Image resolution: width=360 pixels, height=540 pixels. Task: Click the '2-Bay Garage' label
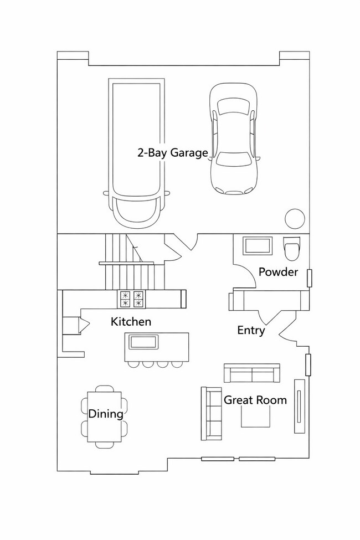pyautogui.click(x=172, y=153)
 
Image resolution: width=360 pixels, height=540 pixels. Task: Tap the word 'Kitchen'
pyautogui.click(x=131, y=321)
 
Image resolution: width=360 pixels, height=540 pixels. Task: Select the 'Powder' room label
pyautogui.click(x=279, y=272)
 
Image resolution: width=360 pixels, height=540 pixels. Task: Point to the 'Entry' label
pyautogui.click(x=251, y=331)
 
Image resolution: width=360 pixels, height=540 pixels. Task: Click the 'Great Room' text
pyautogui.click(x=255, y=399)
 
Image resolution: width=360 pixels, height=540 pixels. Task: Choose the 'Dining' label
pyautogui.click(x=106, y=414)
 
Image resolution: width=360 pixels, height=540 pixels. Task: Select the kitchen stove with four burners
pyautogui.click(x=131, y=299)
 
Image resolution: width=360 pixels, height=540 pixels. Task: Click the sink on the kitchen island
pyautogui.click(x=144, y=342)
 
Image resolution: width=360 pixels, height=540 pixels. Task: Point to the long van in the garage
pyautogui.click(x=137, y=152)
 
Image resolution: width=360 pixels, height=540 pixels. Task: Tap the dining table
pyautogui.click(x=105, y=416)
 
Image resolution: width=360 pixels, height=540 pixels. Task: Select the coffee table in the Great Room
pyautogui.click(x=255, y=417)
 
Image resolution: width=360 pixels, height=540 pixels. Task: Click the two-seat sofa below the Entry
pyautogui.click(x=251, y=373)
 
